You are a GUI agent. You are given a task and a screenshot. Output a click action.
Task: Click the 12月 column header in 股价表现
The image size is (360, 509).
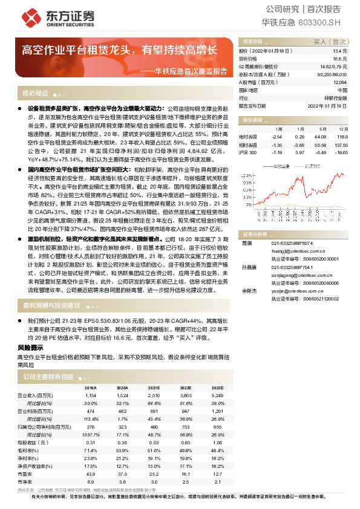pos(343,129)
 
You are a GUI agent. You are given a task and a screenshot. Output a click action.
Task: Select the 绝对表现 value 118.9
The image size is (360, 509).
pos(342,137)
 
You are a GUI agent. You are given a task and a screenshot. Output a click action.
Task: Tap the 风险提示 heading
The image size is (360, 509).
pos(30,348)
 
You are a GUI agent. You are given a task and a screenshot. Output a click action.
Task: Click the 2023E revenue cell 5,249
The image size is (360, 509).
pos(217,395)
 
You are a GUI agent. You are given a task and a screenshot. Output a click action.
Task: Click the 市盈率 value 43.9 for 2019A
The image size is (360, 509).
pos(91,475)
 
